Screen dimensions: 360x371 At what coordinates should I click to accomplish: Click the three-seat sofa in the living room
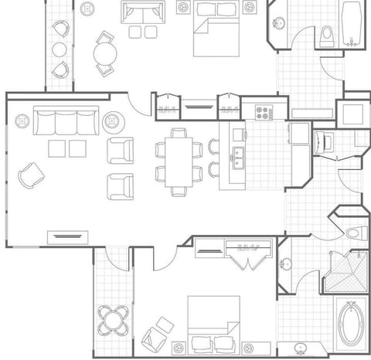pyautogui.click(x=66, y=122)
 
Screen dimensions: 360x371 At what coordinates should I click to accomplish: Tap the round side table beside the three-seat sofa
pyautogui.click(x=114, y=121)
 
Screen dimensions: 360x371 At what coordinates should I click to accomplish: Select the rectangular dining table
pyautogui.click(x=178, y=161)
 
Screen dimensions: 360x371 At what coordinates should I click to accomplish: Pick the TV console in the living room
pyautogui.click(x=65, y=236)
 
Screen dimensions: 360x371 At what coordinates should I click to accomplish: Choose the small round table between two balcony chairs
pyautogui.click(x=60, y=49)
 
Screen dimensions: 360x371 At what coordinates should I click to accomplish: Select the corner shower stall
pyautogui.click(x=345, y=271)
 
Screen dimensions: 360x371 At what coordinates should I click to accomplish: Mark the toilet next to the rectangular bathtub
pyautogui.click(x=327, y=35)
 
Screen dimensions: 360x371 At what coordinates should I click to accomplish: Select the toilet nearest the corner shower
pyautogui.click(x=354, y=232)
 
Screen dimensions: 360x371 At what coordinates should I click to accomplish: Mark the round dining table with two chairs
pyautogui.click(x=105, y=54)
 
